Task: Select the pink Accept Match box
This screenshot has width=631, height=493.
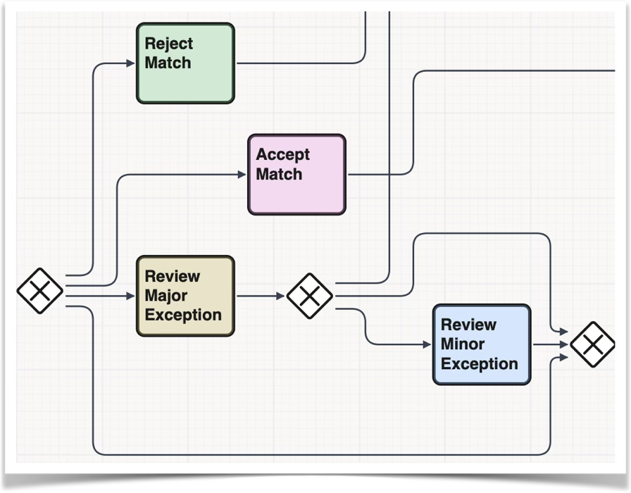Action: (296, 187)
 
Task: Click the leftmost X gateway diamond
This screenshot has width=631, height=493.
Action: (40, 291)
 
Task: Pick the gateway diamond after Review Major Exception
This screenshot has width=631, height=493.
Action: (310, 296)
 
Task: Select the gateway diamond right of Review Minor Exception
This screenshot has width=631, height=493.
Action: (592, 344)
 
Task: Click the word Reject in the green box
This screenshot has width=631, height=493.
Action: (168, 44)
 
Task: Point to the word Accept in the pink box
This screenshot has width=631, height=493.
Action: (282, 155)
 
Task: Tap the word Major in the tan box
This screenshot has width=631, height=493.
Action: (166, 296)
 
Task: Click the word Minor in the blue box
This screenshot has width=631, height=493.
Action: (463, 344)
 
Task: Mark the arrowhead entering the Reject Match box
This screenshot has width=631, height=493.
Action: (130, 63)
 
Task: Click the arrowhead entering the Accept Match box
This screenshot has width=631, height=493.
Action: (242, 175)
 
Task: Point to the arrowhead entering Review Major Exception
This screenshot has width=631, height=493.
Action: (130, 297)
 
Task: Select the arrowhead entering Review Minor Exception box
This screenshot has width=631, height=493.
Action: (427, 344)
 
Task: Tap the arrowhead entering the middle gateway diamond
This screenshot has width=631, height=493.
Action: (281, 297)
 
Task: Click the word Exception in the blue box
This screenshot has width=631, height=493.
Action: (480, 364)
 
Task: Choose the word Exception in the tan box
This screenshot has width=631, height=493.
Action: (183, 316)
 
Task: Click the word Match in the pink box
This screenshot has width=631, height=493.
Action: (279, 175)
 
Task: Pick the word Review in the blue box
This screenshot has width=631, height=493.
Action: (468, 325)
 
